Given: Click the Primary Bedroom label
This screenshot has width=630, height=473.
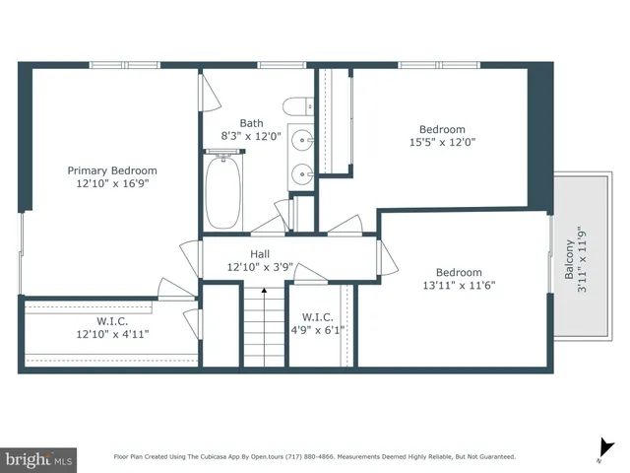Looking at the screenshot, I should (111, 170).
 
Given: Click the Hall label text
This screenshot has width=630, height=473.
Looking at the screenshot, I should (259, 253).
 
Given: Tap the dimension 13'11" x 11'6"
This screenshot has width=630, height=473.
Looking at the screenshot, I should (459, 286).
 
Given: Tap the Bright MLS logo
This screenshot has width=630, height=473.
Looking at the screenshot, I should (39, 458).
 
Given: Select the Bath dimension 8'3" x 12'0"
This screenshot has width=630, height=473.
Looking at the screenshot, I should (251, 137).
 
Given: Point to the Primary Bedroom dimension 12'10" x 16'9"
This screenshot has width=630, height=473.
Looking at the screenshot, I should (111, 184).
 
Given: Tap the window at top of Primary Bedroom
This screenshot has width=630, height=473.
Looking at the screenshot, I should (125, 65).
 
